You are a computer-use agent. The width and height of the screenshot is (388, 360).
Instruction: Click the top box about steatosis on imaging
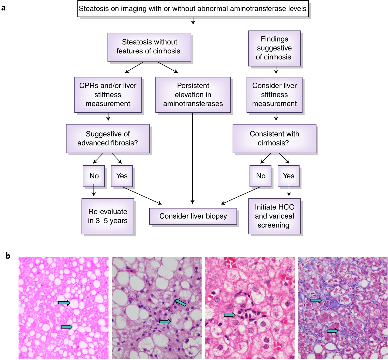193,9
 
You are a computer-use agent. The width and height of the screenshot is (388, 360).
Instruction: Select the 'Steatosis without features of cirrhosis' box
149,47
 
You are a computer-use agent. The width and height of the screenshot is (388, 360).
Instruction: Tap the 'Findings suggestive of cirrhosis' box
274,48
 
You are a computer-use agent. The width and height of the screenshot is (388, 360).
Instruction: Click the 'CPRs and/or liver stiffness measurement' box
108,95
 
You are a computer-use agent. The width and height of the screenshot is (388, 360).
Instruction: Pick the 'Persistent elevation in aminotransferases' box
193,95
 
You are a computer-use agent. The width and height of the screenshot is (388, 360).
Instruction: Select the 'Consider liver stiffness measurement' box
274,95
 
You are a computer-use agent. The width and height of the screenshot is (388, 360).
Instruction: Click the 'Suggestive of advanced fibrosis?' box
108,138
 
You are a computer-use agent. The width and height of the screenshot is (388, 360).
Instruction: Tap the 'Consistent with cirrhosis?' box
274,138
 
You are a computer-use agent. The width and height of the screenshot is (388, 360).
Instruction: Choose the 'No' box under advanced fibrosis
94,176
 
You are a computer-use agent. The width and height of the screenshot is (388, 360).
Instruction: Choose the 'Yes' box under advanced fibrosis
122,176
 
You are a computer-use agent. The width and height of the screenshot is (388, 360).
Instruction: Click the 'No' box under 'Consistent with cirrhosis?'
260,176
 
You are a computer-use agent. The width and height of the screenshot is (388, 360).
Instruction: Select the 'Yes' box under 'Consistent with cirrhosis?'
288,176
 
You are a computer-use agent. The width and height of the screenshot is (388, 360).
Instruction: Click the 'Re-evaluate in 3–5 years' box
108,216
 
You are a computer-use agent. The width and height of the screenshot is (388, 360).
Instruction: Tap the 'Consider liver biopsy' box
193,216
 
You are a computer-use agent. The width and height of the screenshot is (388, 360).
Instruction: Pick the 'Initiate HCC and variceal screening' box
274,216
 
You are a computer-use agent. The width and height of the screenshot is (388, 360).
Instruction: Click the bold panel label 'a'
4,8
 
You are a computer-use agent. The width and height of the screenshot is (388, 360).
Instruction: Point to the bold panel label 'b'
8,256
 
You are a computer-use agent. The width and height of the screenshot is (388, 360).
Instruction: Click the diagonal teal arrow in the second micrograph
180,303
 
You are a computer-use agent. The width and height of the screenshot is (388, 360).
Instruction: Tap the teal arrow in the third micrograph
230,315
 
